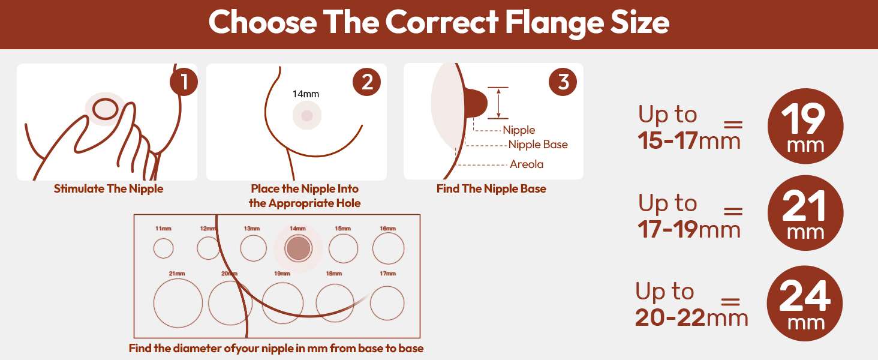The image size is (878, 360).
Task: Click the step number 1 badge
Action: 184,82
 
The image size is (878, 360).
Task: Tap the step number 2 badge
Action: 366,82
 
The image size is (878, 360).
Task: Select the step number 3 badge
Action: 563,82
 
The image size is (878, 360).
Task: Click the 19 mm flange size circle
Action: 805,126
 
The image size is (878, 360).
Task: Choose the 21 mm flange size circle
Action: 805,213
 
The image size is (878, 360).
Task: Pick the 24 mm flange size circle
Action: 805,303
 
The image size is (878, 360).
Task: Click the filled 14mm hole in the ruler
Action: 298,248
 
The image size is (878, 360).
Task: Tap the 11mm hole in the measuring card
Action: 164,248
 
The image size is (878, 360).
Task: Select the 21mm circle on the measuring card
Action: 178,303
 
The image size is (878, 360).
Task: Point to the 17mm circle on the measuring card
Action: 387,303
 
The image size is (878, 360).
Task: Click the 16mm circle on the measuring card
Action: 388,248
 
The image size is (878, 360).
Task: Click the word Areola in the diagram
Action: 527,164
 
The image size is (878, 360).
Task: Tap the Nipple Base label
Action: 538,145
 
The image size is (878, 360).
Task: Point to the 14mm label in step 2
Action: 306,94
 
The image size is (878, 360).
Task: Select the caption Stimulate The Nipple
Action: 109,188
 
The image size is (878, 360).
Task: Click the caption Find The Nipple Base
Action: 491,188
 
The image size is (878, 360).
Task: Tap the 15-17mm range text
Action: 688,140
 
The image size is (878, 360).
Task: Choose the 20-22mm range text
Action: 691,317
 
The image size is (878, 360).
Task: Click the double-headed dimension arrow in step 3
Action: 498,103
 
